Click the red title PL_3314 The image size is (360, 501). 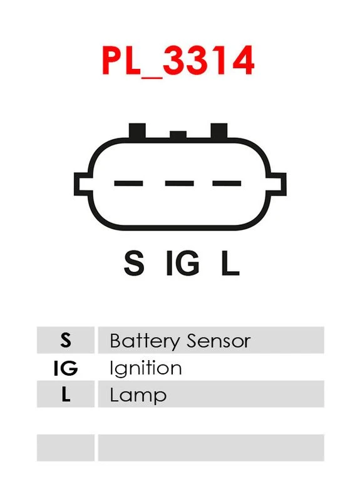(178, 60)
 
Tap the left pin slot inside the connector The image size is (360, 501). (128, 183)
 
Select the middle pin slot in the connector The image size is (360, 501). (180, 183)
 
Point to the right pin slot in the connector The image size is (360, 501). (227, 183)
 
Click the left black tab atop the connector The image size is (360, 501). (137, 131)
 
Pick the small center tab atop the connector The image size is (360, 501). (178, 135)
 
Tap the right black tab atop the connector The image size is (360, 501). (219, 131)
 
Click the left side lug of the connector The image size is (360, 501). (81, 184)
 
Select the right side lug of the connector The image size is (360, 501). (278, 184)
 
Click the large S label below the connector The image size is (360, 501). (134, 263)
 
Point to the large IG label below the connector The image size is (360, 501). (183, 263)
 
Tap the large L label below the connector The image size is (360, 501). (230, 263)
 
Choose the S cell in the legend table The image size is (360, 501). (66, 340)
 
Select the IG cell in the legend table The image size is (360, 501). (66, 368)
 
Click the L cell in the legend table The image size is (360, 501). (66, 394)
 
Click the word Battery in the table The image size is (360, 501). (145, 341)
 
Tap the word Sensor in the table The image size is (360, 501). (219, 341)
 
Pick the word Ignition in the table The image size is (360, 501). (146, 368)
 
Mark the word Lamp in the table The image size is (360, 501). (138, 396)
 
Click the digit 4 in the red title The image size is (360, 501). (243, 60)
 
